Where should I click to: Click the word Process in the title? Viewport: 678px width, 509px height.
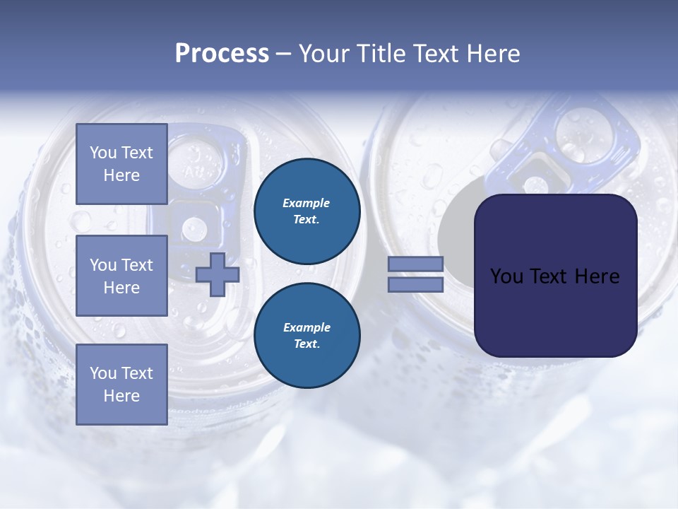coord(222,54)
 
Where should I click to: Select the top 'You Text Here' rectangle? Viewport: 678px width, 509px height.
coord(121,164)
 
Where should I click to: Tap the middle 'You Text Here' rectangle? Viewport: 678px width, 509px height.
coord(121,276)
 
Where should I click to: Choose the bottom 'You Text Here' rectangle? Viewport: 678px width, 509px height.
coord(121,384)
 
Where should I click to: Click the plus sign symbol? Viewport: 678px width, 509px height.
coord(217,274)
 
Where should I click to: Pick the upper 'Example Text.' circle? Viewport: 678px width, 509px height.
coord(307,211)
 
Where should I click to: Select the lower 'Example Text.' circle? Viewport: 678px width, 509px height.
coord(307,336)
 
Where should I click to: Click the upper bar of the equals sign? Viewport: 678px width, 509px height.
coord(415,264)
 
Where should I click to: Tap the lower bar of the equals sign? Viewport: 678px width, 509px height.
coord(415,284)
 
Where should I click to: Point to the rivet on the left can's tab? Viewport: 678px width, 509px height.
coord(194,228)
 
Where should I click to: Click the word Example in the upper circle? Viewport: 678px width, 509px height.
coord(307,204)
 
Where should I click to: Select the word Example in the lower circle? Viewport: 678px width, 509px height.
coord(307,328)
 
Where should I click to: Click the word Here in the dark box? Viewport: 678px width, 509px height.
coord(597,276)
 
